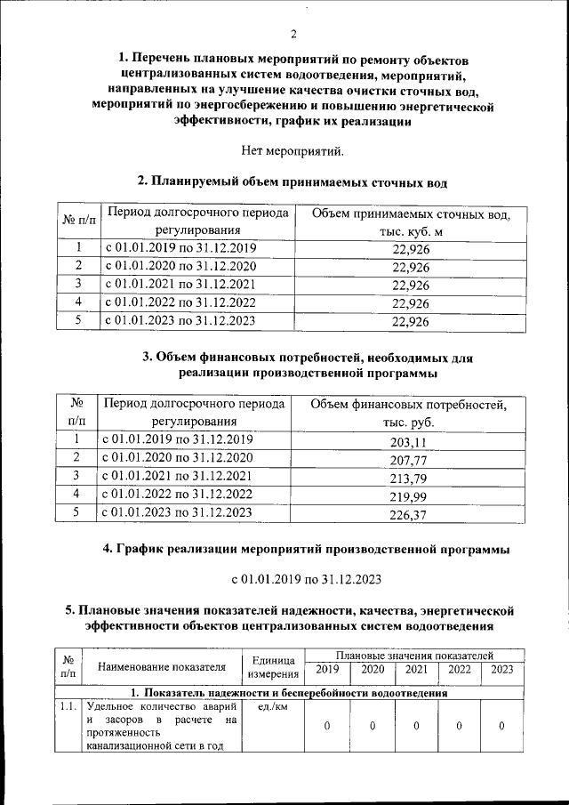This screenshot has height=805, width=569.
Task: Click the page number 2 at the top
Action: tap(293, 35)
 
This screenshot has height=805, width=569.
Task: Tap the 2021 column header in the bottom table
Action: tap(416, 670)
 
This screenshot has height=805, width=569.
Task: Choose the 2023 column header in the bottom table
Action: tap(501, 670)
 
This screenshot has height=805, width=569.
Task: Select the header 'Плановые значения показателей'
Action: tap(413, 655)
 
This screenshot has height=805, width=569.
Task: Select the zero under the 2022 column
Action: tap(459, 726)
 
